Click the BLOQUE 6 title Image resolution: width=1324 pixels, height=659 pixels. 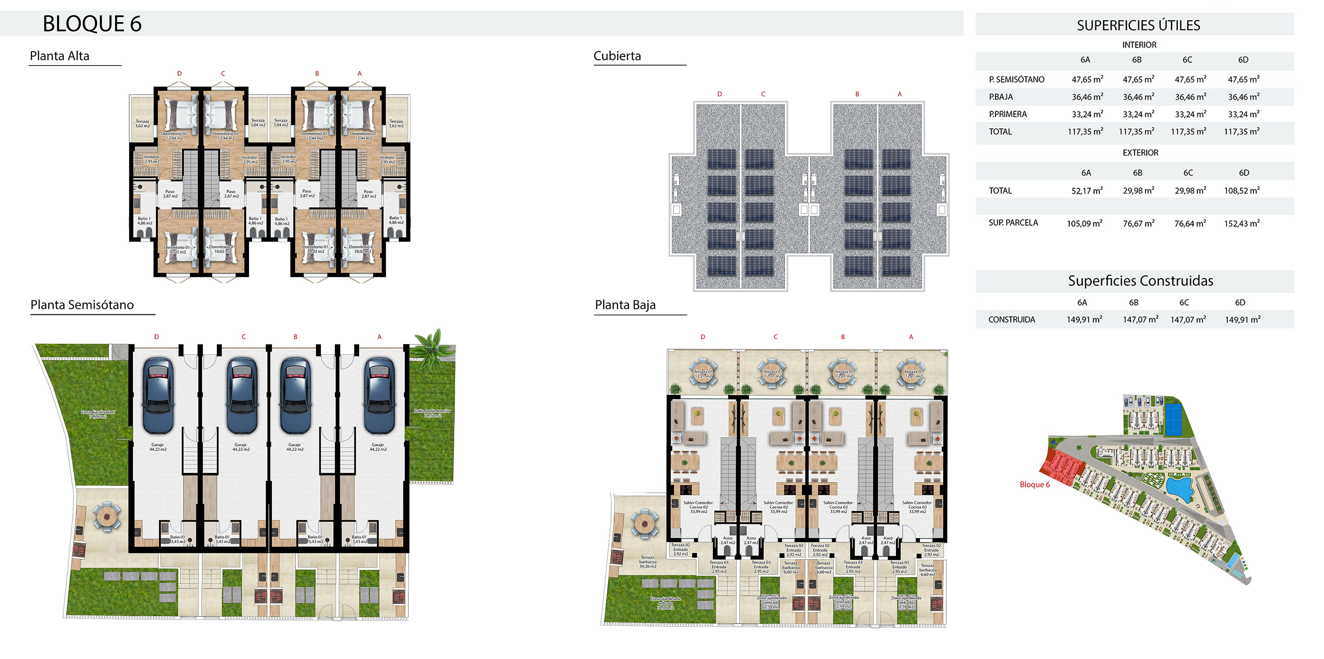pyautogui.click(x=92, y=24)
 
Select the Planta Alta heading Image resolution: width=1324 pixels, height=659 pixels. pyautogui.click(x=60, y=56)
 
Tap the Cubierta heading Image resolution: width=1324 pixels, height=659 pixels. pyautogui.click(x=617, y=56)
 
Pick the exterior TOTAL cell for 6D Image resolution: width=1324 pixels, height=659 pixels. pyautogui.click(x=1241, y=190)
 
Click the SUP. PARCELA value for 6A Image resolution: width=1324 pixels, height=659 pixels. pyautogui.click(x=1085, y=223)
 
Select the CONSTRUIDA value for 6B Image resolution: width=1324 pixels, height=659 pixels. pyautogui.click(x=1140, y=319)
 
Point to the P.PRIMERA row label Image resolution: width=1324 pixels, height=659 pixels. pyautogui.click(x=1007, y=114)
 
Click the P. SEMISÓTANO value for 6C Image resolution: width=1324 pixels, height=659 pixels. pyautogui.click(x=1190, y=79)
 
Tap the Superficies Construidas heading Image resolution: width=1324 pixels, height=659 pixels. pyautogui.click(x=1140, y=280)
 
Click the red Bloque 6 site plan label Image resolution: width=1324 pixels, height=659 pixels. pyautogui.click(x=1034, y=484)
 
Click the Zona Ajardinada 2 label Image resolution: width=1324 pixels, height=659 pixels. pyautogui.click(x=98, y=414)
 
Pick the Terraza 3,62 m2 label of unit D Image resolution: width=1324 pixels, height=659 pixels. pyautogui.click(x=143, y=124)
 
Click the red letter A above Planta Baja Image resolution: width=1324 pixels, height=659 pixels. pyautogui.click(x=911, y=337)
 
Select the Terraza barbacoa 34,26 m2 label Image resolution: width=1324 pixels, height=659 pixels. pyautogui.click(x=648, y=562)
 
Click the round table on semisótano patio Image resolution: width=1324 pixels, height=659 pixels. pyautogui.click(x=106, y=515)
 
